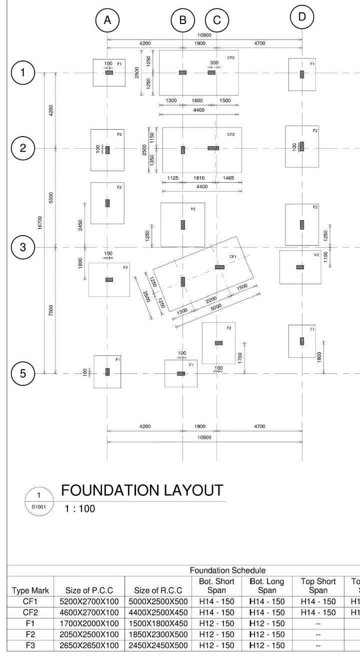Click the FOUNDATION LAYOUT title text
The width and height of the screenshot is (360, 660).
point(141,491)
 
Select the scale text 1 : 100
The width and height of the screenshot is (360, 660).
point(80,508)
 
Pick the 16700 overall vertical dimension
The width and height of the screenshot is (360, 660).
point(40,223)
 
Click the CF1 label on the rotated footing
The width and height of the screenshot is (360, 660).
point(232,257)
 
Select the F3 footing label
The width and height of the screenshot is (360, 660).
point(193,208)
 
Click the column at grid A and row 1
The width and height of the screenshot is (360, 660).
point(109,73)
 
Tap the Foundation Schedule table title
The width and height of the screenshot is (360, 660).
point(220,570)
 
